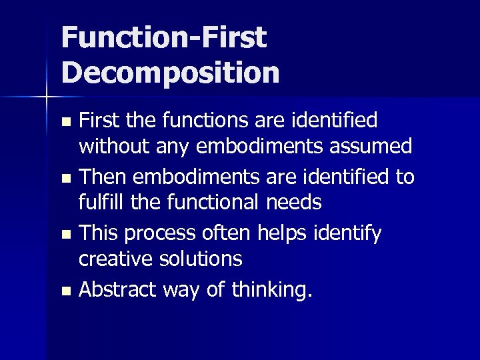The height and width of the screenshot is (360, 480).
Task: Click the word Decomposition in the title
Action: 170,72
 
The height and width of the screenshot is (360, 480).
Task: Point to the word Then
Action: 100,177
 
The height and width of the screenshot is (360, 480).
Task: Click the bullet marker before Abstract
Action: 65,291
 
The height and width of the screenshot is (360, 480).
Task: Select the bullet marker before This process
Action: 65,235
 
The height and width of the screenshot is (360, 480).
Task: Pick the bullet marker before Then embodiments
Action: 65,178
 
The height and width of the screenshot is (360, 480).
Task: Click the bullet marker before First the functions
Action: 65,122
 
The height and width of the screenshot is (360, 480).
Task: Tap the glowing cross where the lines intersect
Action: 47,97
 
